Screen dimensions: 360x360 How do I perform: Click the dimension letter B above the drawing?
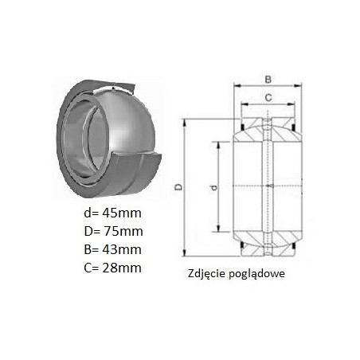(x=268, y=79)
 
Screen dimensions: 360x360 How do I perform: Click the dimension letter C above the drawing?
(x=268, y=98)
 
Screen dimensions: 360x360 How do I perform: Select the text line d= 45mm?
(x=112, y=213)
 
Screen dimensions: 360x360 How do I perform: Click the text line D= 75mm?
(x=113, y=231)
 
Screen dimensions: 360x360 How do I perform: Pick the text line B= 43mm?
(x=112, y=249)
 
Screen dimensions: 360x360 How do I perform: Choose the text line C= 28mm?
(x=112, y=268)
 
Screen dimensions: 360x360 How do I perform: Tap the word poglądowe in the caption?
(x=256, y=274)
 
